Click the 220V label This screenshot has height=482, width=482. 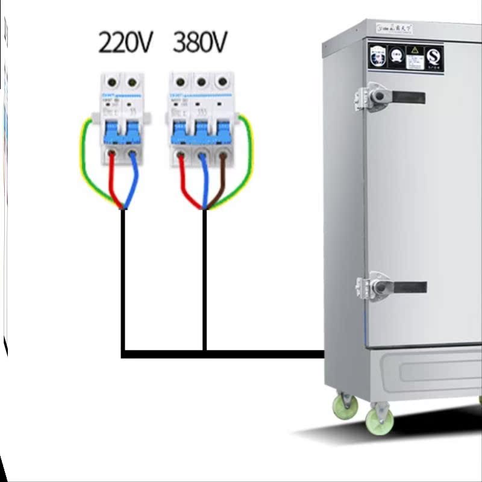(x=125, y=43)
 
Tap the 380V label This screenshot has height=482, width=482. (x=200, y=43)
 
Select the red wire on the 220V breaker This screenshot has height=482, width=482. (x=112, y=181)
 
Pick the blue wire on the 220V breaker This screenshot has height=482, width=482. (x=134, y=181)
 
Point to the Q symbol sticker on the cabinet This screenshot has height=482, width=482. (x=433, y=57)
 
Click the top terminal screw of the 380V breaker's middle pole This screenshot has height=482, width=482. (x=202, y=81)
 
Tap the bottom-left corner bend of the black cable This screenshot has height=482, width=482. (x=124, y=354)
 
